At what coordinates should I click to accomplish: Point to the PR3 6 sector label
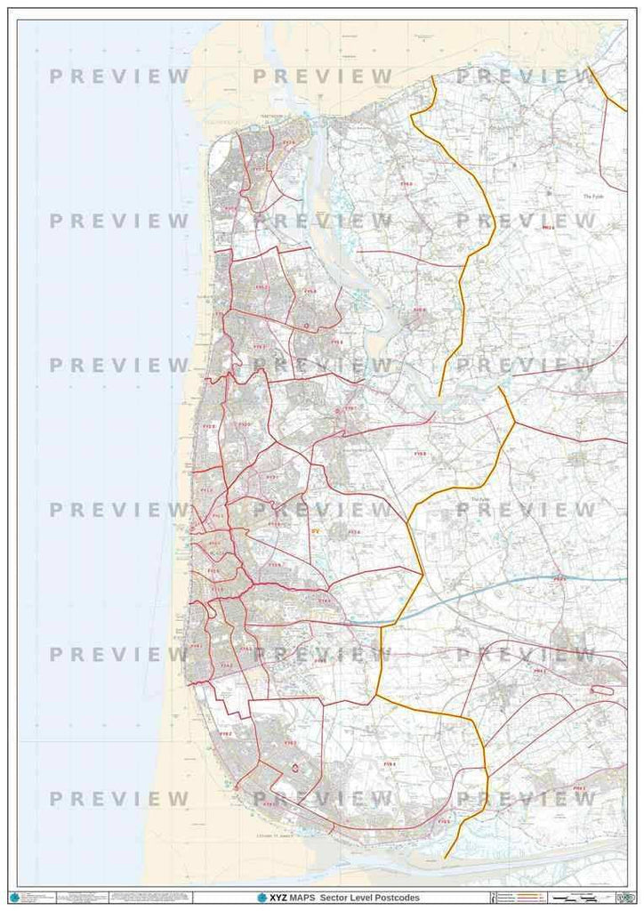548,228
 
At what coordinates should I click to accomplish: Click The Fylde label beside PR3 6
592,197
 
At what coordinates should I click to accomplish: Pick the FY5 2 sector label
261,288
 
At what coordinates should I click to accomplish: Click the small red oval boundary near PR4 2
602,689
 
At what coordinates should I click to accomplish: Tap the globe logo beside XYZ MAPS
262,898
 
